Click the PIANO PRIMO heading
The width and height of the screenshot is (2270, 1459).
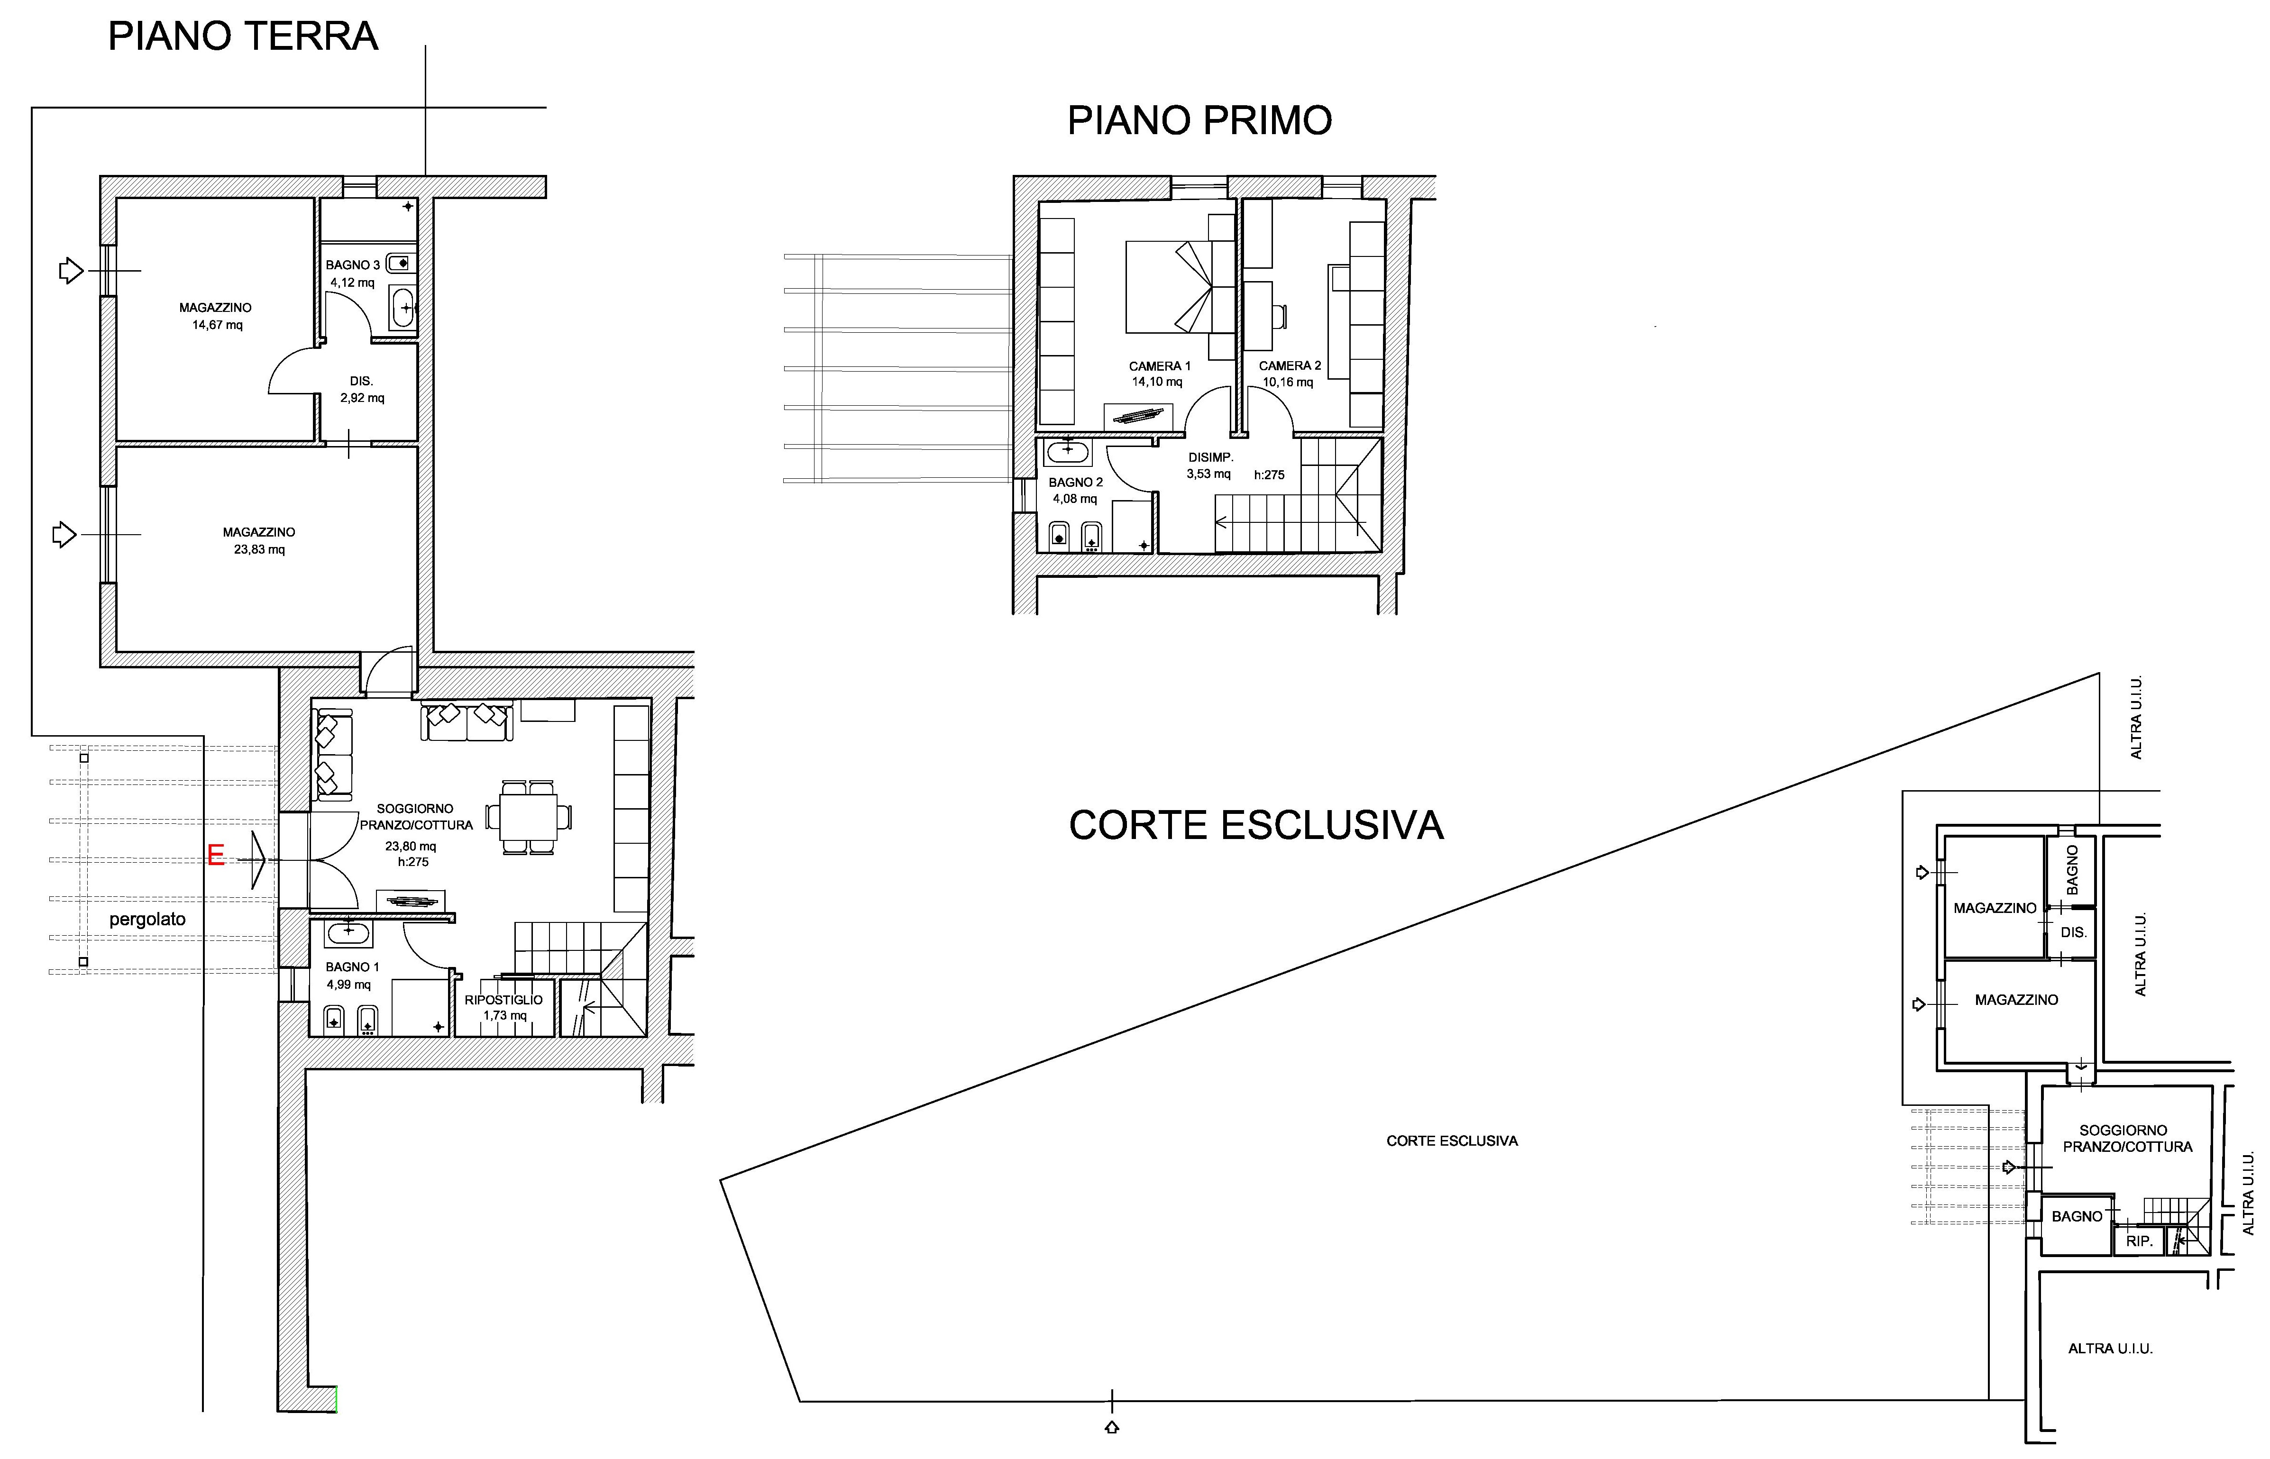click(1199, 120)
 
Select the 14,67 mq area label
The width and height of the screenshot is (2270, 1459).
click(217, 325)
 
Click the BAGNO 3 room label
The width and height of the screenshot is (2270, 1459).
click(352, 265)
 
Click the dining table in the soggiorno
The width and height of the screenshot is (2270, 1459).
click(529, 817)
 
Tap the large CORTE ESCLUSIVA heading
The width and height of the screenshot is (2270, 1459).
click(1256, 825)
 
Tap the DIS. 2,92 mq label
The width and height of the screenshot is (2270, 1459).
click(362, 389)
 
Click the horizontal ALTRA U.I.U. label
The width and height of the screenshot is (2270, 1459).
click(2111, 1348)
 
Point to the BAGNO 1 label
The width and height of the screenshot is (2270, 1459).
click(352, 967)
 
